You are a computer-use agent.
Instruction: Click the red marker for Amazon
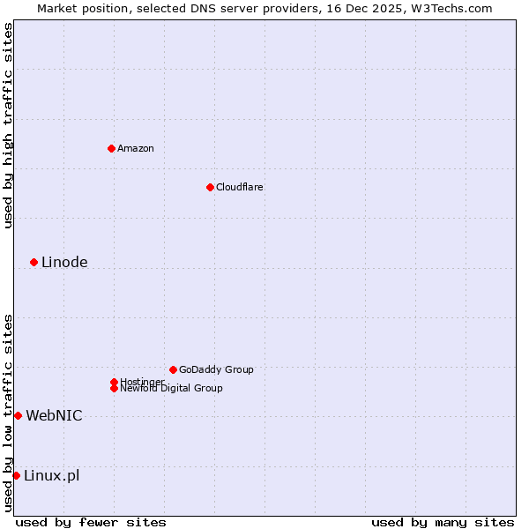(x=111, y=148)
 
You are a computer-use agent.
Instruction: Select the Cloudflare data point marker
(x=210, y=187)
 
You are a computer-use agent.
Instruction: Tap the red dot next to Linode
(x=34, y=262)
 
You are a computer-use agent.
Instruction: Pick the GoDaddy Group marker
(x=173, y=369)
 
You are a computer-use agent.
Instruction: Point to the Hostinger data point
(x=114, y=382)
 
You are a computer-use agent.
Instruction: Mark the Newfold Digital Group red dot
(x=114, y=388)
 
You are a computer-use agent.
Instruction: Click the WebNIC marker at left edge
(x=18, y=415)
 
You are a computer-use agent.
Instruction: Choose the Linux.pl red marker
(x=16, y=475)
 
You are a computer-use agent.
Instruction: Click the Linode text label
(x=64, y=262)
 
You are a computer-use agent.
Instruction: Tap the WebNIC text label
(x=54, y=415)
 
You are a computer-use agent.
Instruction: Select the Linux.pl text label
(x=51, y=475)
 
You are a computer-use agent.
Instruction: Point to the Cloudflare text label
(x=239, y=187)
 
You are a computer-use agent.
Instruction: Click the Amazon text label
(x=135, y=148)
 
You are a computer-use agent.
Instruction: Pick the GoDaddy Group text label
(x=216, y=369)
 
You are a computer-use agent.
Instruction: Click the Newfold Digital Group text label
(x=171, y=388)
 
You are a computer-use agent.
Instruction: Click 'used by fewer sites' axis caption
(x=91, y=522)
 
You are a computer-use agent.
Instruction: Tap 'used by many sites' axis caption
(x=443, y=522)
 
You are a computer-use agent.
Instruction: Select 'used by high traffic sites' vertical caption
(x=8, y=125)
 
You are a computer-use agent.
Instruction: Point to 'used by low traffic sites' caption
(x=8, y=412)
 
